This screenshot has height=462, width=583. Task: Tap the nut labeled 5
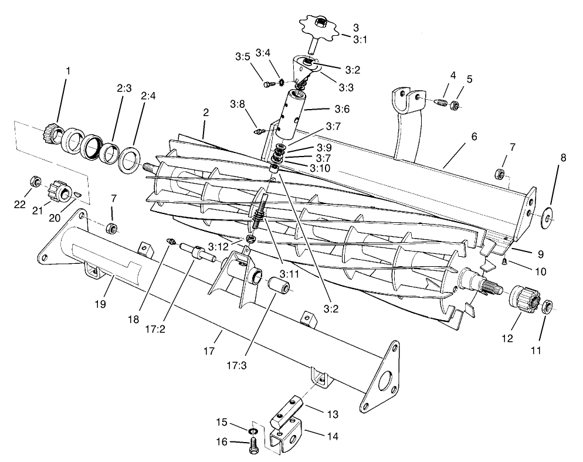pyautogui.click(x=453, y=106)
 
